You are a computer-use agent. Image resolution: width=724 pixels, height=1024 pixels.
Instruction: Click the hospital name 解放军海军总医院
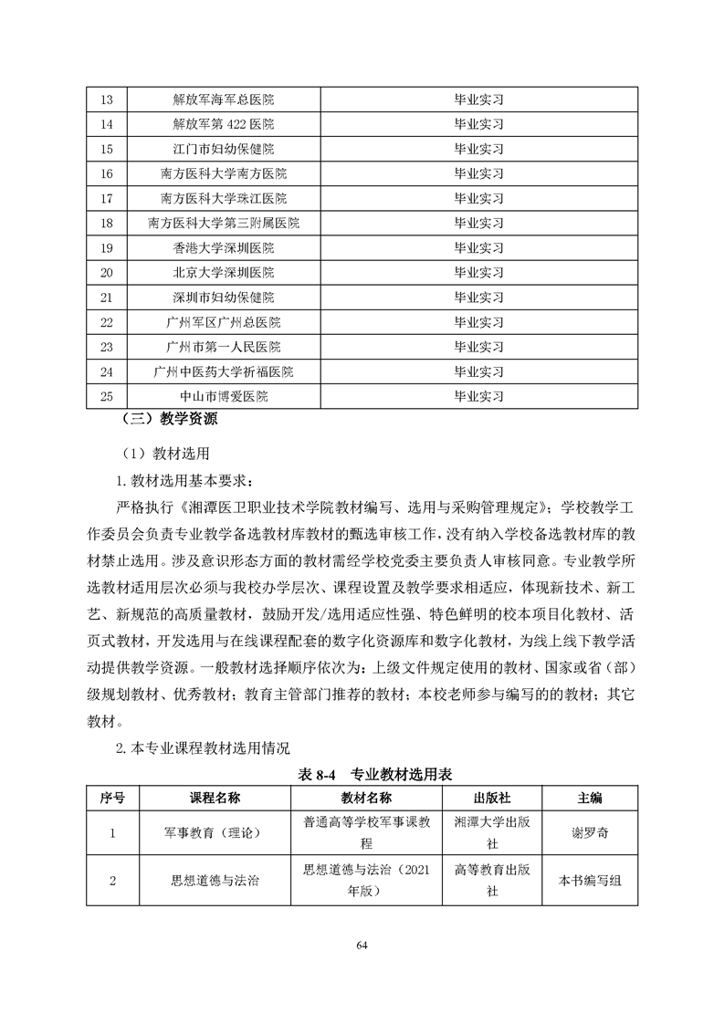[223, 99]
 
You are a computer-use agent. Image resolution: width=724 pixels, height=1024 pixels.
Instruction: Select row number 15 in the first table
[106, 149]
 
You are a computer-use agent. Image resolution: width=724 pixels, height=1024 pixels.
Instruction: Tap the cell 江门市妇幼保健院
[223, 149]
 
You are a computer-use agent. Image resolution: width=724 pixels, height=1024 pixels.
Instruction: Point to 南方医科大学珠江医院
[223, 198]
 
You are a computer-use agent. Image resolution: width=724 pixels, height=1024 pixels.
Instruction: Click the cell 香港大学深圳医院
[223, 247]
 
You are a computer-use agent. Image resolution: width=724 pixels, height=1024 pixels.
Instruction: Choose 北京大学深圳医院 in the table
[223, 272]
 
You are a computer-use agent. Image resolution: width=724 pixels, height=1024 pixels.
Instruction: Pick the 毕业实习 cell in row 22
[478, 322]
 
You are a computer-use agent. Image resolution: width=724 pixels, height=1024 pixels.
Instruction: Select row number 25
[106, 396]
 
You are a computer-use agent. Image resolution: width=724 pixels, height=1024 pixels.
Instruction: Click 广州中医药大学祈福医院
[223, 371]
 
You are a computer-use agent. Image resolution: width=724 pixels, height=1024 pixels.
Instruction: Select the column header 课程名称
[215, 797]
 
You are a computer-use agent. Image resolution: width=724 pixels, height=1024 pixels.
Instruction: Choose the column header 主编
[590, 797]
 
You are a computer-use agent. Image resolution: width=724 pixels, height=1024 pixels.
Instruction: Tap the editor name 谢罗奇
[590, 832]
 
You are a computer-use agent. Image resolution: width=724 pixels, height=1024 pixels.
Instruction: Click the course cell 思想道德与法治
[215, 881]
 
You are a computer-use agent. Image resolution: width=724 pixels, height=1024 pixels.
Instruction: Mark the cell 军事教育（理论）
[215, 832]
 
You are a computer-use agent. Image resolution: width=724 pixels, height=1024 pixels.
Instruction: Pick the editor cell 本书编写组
[590, 881]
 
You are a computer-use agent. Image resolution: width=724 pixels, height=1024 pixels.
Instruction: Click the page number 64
[362, 944]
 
